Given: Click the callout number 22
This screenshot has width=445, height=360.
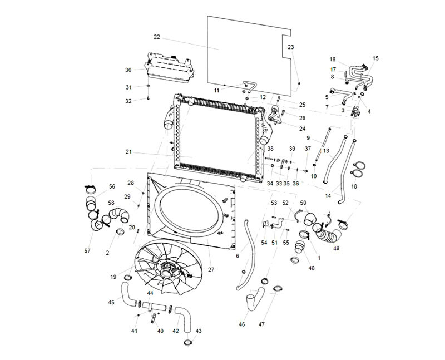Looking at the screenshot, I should coord(157,37).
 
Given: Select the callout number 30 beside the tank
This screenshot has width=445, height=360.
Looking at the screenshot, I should coord(128,70).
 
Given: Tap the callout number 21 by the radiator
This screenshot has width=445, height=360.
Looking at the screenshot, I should coord(128,152).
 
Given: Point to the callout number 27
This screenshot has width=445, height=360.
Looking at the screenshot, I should coord(211,269).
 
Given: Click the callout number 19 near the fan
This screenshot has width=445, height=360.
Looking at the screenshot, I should coord(113,277).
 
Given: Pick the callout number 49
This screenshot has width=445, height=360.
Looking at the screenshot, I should coord(337,249).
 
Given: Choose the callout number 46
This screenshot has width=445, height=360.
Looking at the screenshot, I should coord(242,324).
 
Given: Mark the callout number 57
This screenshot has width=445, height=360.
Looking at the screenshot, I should coord(87,251).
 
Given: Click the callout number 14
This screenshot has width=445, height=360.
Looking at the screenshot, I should coord(328,196).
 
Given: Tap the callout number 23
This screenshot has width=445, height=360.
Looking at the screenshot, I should coord(291,47).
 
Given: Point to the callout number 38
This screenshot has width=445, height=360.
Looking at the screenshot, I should coord(270,149).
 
